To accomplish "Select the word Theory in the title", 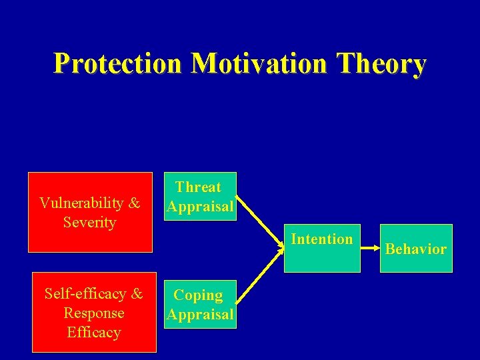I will pyautogui.click(x=381, y=64).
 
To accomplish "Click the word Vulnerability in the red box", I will pyautogui.click(x=81, y=203).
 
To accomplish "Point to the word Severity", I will pyautogui.click(x=89, y=222).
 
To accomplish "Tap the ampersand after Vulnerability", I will pyautogui.click(x=133, y=203).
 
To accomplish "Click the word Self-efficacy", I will pyautogui.click(x=85, y=293).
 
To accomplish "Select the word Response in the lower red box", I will pyautogui.click(x=93, y=313).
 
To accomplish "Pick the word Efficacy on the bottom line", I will pyautogui.click(x=93, y=332).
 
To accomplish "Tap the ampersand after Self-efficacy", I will pyautogui.click(x=136, y=293).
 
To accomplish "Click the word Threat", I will pyautogui.click(x=198, y=187).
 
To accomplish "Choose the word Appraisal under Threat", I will pyautogui.click(x=200, y=207).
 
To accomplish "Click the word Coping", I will pyautogui.click(x=198, y=295).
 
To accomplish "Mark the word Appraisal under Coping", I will pyautogui.click(x=200, y=314).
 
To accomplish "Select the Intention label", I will pyautogui.click(x=322, y=239).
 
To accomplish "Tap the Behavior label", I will pyautogui.click(x=416, y=249).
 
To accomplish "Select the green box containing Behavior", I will pyautogui.click(x=416, y=263).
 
